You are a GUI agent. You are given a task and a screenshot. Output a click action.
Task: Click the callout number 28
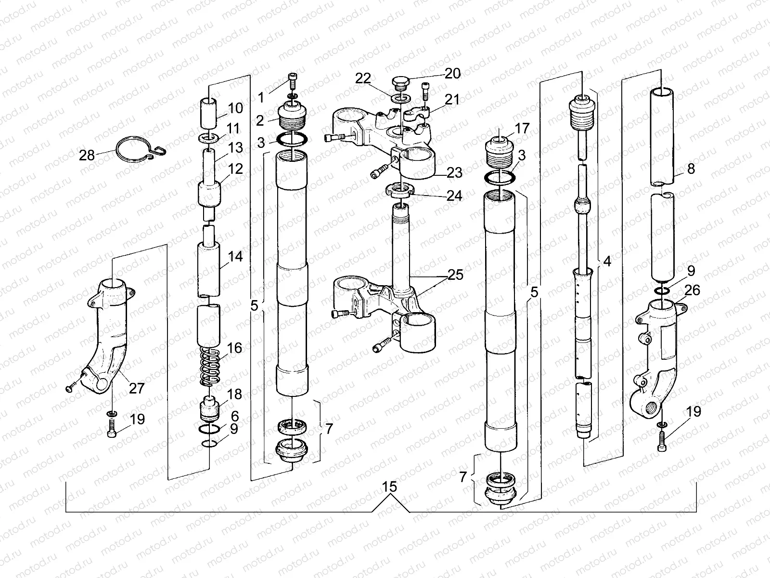[x=87, y=155]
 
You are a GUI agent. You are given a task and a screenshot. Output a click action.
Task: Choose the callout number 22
[x=364, y=79]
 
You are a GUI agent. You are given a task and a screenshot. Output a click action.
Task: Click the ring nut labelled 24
[x=400, y=191]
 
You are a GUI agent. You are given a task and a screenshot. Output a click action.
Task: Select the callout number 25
[x=455, y=275]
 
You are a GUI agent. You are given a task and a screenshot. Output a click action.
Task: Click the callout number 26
[x=693, y=290]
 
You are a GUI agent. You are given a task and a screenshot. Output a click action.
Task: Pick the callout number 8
[x=691, y=170]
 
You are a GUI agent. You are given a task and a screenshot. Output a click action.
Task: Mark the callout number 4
[x=607, y=262]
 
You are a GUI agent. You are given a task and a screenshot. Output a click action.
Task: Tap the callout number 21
[x=452, y=100]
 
